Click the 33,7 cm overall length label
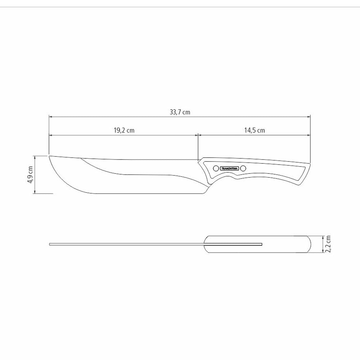[180, 112]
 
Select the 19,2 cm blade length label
[124, 130]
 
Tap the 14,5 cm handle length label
[255, 130]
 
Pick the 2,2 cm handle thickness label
[328, 244]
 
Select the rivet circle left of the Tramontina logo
[215, 168]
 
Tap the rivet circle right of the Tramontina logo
[243, 168]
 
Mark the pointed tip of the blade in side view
[49, 156]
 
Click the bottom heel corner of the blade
[204, 194]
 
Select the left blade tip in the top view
[50, 244]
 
